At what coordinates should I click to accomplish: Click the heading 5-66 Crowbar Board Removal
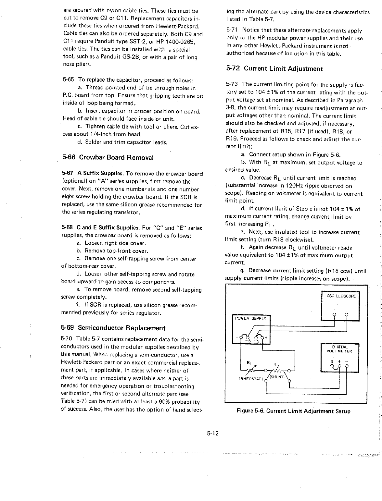point(108,158)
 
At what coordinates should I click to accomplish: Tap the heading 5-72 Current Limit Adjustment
point(274,69)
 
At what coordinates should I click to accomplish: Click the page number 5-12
point(212,433)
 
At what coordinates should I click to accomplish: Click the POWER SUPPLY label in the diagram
point(250,318)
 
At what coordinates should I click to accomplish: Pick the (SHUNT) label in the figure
point(277,377)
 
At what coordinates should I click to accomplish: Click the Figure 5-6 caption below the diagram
point(293,411)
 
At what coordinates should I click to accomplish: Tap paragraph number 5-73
point(232,85)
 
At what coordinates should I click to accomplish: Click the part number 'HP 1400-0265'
point(176,42)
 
